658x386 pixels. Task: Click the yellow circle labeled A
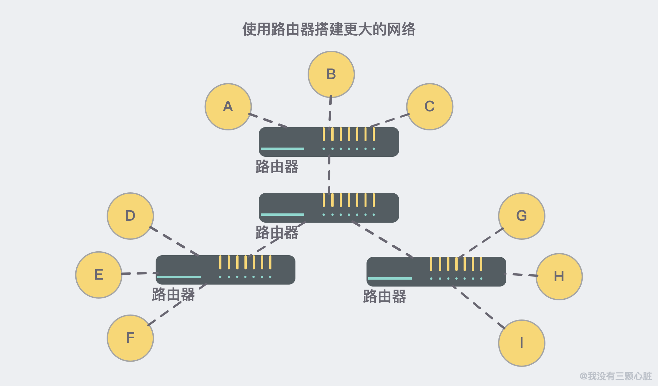228,107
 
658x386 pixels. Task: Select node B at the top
331,74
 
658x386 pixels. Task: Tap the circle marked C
430,107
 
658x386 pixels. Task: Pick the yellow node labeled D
130,216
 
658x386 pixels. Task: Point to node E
99,275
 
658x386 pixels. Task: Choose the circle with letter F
130,338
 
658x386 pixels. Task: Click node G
521,216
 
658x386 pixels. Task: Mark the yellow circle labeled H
559,277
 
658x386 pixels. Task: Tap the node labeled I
521,343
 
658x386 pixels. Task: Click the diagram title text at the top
329,29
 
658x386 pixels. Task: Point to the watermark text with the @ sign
616,376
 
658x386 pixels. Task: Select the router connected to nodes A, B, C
329,142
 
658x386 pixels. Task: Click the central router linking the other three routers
329,208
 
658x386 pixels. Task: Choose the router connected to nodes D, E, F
225,270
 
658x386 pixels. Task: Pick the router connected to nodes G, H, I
436,272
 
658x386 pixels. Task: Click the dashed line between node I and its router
479,307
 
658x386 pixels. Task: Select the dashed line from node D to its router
174,241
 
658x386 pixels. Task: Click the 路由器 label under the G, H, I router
384,296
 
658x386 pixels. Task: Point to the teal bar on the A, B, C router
282,149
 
